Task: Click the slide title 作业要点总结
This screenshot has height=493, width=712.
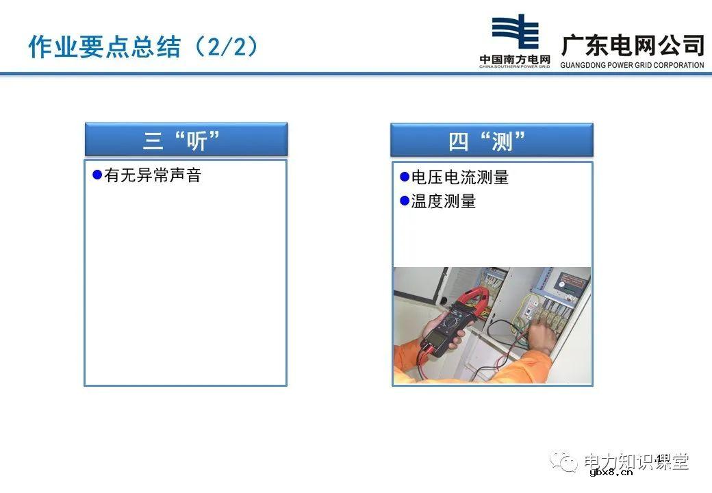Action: tap(104, 47)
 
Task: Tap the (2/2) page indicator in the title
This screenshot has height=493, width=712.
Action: tap(227, 47)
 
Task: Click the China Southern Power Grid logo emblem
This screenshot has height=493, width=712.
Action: tap(514, 33)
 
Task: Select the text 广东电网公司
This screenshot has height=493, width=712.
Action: tap(632, 45)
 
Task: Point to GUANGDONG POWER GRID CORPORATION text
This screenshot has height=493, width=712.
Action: tap(632, 66)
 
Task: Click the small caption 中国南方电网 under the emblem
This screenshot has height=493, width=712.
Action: tap(514, 60)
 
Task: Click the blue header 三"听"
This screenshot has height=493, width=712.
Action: tap(186, 140)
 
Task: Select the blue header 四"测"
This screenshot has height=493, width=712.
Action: tap(492, 140)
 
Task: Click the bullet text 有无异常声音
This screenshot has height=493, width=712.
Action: tap(153, 175)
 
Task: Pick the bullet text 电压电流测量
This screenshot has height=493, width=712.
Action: tap(459, 177)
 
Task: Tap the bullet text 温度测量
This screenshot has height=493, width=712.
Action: tap(443, 201)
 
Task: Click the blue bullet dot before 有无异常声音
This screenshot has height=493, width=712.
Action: tap(97, 175)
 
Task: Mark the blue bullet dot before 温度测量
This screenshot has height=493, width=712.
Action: tap(404, 201)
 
